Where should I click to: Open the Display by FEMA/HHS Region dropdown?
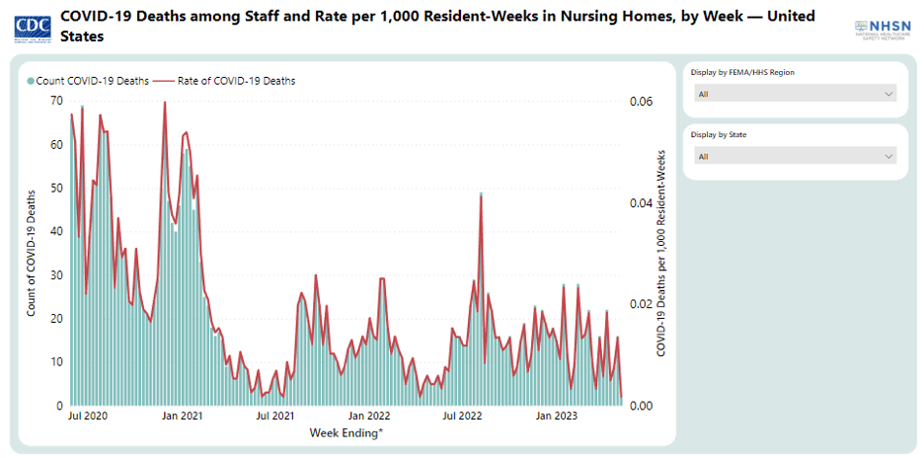[x=795, y=94]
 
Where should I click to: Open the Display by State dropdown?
[x=795, y=156]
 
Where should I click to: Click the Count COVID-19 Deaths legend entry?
[x=88, y=81]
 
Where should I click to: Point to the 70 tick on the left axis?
[x=56, y=101]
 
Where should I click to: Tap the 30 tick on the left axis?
[x=56, y=274]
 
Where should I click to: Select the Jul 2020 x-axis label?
[x=88, y=418]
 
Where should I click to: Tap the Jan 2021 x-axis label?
[x=182, y=418]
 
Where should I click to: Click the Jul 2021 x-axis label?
[x=274, y=418]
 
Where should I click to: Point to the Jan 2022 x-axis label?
[x=368, y=418]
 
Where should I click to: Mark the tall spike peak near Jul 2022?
[x=481, y=195]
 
